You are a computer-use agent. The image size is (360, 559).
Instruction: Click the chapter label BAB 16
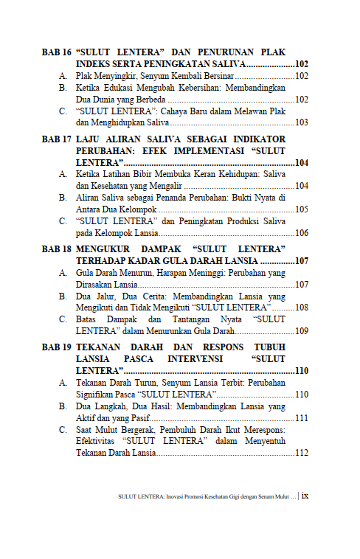click(56, 53)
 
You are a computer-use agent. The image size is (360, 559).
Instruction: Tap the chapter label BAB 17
click(56, 139)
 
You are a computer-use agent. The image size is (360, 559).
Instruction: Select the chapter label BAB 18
click(56, 249)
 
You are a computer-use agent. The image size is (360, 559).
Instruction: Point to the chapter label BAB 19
click(56, 347)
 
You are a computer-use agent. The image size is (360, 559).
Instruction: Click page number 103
click(301, 122)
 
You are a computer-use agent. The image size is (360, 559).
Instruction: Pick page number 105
click(301, 209)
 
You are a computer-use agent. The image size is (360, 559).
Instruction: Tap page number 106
click(301, 233)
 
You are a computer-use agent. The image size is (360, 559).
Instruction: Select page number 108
click(301, 307)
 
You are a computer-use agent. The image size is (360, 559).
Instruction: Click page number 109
click(301, 331)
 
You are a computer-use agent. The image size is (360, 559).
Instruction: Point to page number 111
click(301, 418)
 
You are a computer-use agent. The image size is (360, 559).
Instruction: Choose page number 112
click(301, 453)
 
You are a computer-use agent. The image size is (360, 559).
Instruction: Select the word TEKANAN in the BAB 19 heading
click(103, 347)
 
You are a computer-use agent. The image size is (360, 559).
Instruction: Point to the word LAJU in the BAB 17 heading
click(89, 139)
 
